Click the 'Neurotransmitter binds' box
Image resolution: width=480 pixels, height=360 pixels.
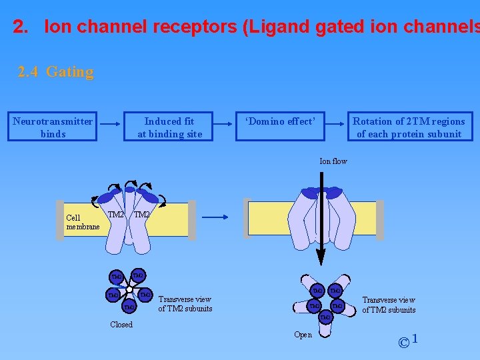click(53, 127)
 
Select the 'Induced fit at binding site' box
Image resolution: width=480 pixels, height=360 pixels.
click(169, 127)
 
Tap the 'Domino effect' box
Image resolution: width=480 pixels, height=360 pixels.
click(280, 127)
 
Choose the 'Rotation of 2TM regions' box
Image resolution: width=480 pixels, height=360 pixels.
click(409, 127)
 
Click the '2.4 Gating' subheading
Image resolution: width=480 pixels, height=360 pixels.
click(56, 72)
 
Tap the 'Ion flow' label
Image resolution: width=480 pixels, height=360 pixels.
click(333, 161)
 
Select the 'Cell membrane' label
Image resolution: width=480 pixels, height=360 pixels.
click(83, 223)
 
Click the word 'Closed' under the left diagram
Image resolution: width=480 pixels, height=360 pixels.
click(121, 325)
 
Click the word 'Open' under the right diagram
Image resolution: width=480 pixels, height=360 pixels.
click(303, 335)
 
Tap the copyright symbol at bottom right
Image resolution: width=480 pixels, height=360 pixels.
click(403, 343)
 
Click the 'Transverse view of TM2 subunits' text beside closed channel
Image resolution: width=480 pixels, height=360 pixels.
click(185, 304)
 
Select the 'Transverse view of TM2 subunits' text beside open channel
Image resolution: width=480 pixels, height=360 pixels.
click(389, 305)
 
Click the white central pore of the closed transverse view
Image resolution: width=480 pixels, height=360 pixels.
click(129, 289)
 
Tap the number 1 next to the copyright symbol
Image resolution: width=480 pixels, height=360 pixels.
click(415, 339)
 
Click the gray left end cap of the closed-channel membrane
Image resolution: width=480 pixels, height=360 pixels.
click(60, 220)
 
